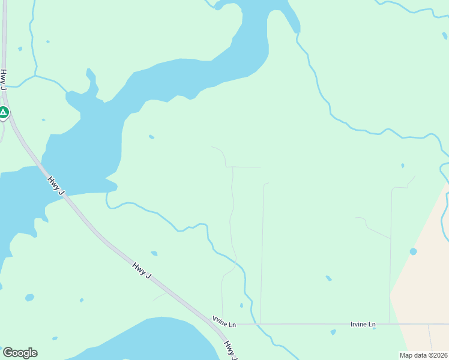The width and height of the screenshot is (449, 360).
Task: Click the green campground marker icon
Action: point(4,112)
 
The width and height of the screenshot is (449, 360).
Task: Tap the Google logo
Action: point(20,353)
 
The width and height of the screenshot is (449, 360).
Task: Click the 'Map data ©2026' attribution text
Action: point(423,355)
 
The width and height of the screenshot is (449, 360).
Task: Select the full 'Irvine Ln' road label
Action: point(363,325)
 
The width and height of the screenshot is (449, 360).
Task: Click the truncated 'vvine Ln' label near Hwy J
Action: point(224,325)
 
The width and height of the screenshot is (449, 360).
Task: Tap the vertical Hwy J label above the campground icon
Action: point(4,80)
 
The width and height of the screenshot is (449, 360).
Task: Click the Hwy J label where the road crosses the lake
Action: point(55,184)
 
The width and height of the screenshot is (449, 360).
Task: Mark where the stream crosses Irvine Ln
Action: point(257,325)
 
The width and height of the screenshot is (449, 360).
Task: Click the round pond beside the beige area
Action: point(413,251)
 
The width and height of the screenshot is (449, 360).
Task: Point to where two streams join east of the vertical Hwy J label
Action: point(35,76)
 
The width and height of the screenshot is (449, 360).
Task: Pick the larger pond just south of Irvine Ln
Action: point(333,332)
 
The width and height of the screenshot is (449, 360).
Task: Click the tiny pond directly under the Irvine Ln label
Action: point(373,328)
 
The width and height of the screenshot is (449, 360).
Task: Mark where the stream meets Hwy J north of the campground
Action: point(5,86)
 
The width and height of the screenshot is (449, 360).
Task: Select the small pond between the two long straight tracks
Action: point(328,278)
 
